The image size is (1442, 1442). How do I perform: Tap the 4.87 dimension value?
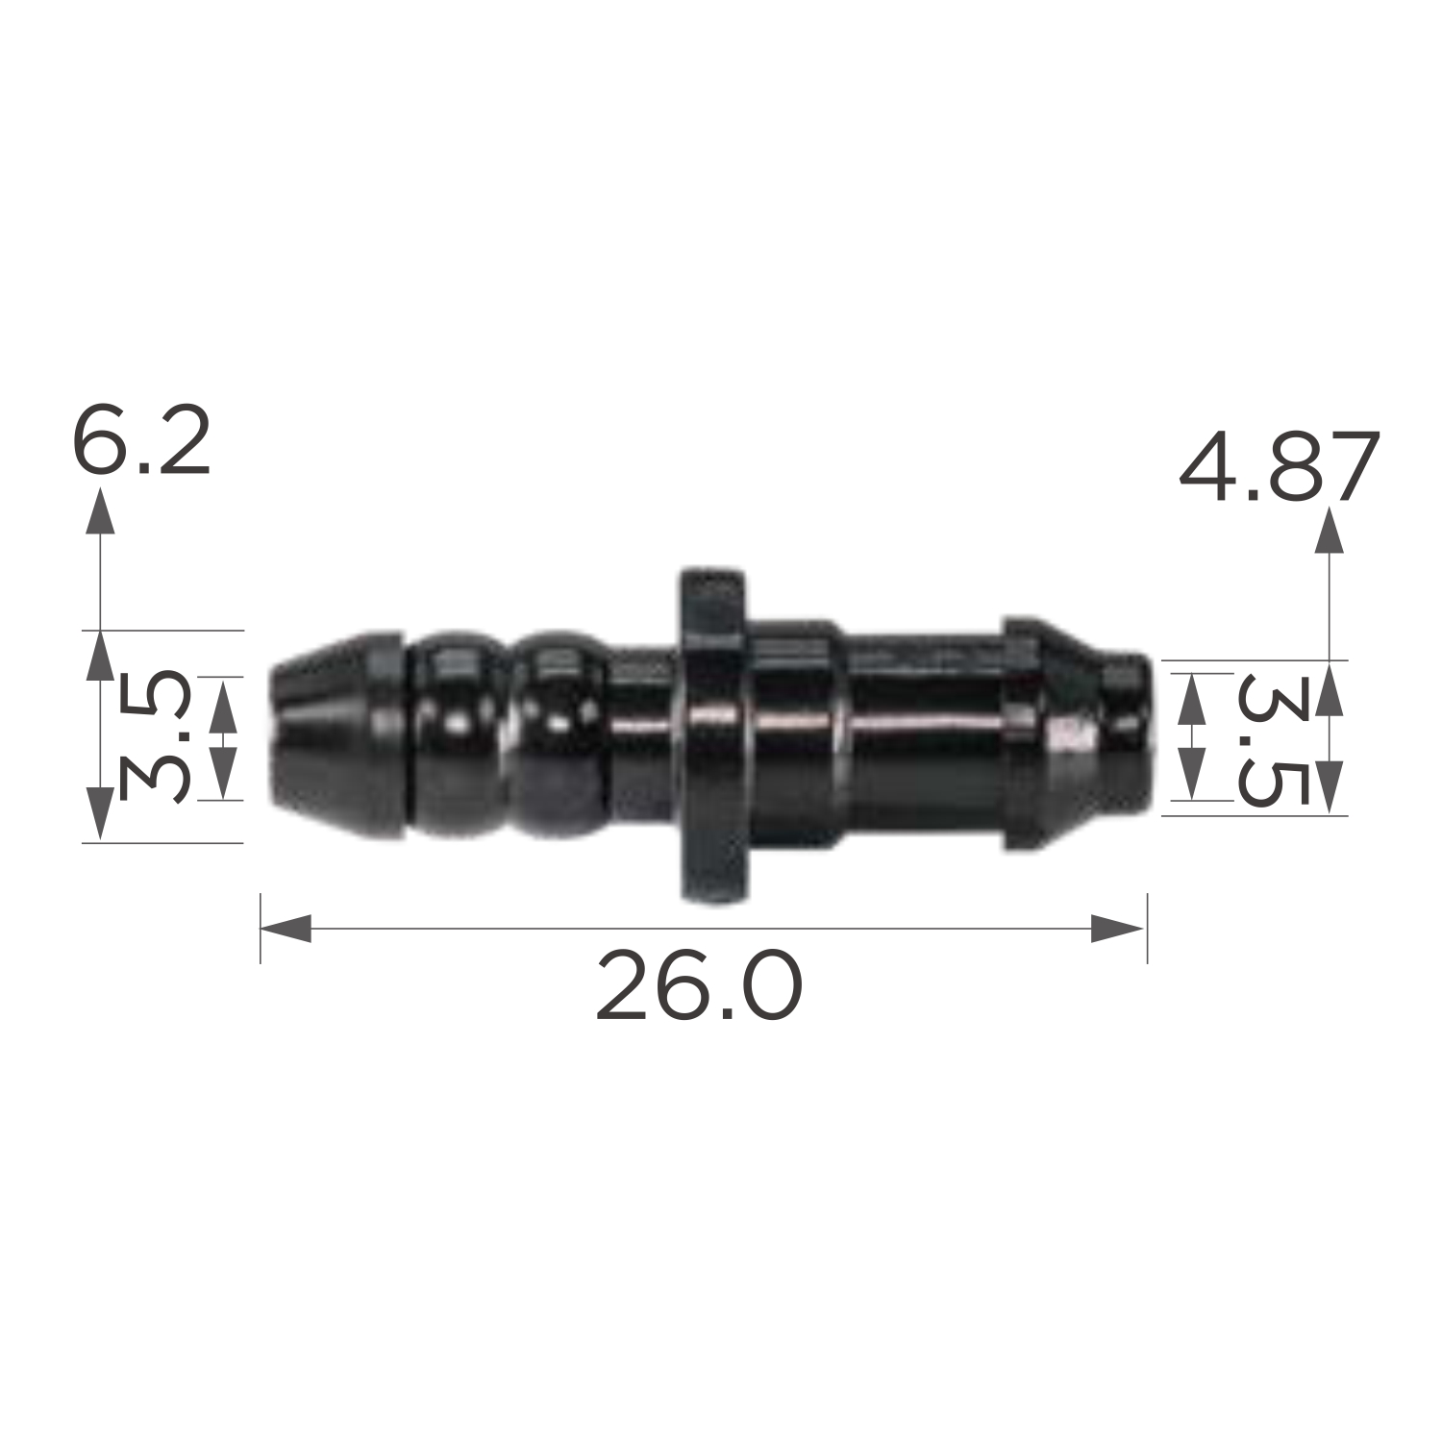click(x=1280, y=468)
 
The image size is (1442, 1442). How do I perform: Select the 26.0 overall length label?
click(x=698, y=985)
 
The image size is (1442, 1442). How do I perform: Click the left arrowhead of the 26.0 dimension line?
click(x=286, y=928)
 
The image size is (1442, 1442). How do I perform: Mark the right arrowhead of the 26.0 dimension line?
click(x=1119, y=928)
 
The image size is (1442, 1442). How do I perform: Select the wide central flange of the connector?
click(x=713, y=735)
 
